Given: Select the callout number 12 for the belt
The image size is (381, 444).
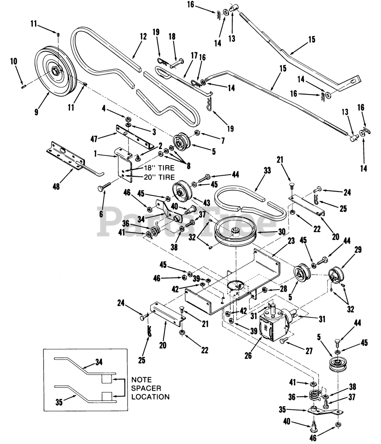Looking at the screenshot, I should tap(143, 36).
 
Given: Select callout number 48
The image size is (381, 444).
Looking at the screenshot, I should tap(55, 186).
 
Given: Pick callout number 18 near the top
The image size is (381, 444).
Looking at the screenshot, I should tap(172, 37).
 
